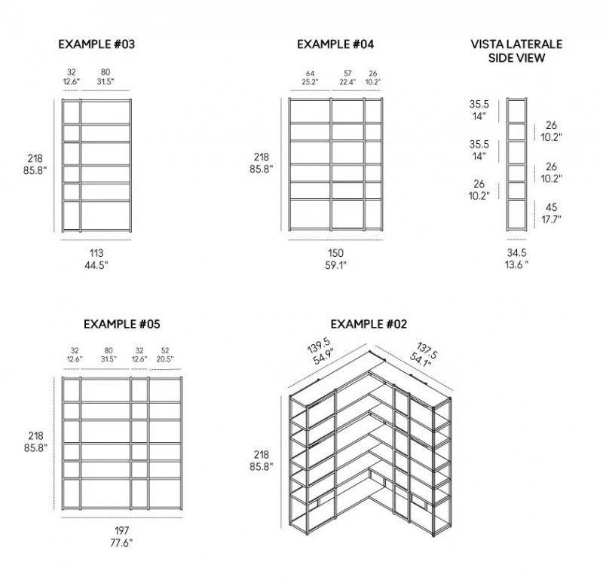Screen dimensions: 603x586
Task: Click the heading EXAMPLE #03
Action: coord(96,44)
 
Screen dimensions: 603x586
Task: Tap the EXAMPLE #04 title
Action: coord(335,44)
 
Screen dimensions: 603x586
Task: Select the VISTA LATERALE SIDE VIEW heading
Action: coord(516,50)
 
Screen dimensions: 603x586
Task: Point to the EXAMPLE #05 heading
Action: coord(122,324)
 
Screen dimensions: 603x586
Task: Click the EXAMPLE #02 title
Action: coord(369,324)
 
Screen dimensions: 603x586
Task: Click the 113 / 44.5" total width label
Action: coord(96,259)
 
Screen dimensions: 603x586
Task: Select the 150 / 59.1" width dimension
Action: coord(335,259)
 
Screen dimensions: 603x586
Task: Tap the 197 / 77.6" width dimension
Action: coord(121,537)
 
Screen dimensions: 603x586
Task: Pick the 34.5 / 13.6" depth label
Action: coord(516,258)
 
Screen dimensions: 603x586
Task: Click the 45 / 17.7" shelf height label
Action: coord(551,213)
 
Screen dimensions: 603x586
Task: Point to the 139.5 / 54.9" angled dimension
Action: coord(320,353)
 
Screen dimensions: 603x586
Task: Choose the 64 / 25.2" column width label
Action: coord(310,78)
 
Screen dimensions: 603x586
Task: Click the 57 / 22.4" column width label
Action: coord(347,78)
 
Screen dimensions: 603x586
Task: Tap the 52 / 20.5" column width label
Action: coord(165,355)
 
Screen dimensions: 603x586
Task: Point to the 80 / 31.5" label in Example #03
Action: coord(106,77)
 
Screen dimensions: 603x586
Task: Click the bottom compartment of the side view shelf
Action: coord(516,215)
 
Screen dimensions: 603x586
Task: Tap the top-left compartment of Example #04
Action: coord(310,111)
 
